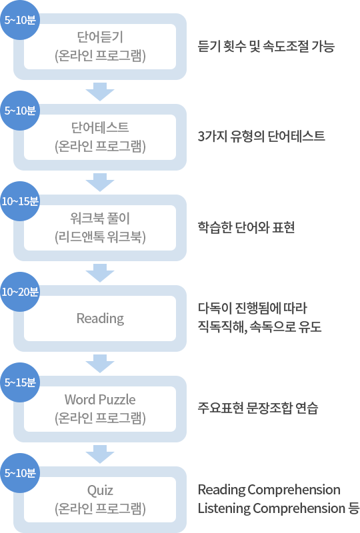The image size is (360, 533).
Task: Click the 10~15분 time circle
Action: (20, 201)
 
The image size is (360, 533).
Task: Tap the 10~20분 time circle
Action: (20, 292)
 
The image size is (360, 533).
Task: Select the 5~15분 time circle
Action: (20, 382)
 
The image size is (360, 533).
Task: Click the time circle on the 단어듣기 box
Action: (20, 20)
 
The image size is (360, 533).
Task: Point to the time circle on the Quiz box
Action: (20, 473)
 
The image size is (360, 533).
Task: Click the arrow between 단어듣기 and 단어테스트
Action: (100, 92)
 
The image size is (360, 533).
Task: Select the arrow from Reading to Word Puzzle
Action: (100, 363)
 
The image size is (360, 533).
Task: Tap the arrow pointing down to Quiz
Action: (100, 454)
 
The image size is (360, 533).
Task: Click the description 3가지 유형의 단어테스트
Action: (261, 137)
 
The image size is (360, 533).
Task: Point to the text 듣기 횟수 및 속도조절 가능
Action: (266, 46)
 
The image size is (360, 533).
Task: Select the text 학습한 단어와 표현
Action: (246, 227)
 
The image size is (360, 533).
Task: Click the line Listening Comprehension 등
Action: (279, 508)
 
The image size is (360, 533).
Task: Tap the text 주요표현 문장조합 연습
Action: (258, 408)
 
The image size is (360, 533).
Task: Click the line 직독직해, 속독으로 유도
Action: (259, 326)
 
